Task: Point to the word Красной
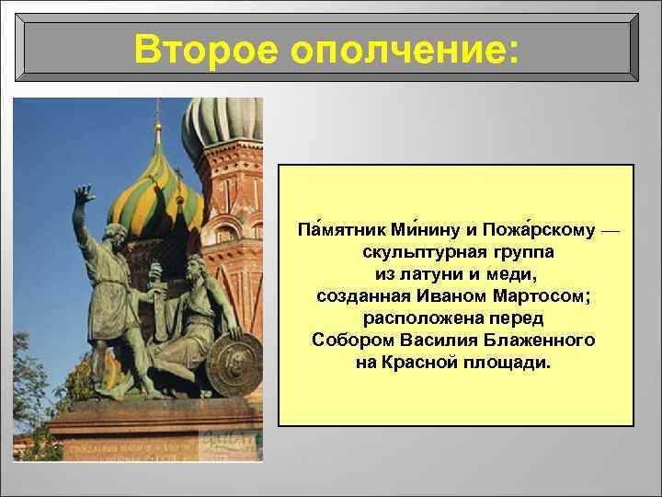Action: point(420,362)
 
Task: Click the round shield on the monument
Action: point(234,364)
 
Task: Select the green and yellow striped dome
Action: point(154,188)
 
